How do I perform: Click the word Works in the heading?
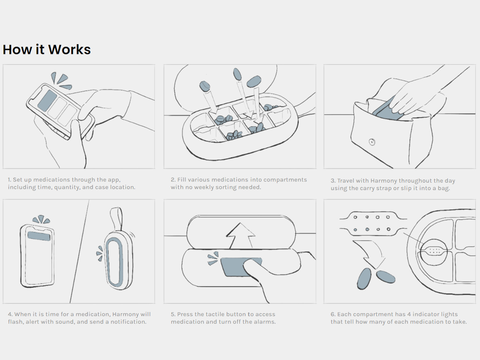point(69,49)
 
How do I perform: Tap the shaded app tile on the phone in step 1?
point(47,101)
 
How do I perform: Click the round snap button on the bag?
point(372,142)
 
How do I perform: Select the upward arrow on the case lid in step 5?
point(240,235)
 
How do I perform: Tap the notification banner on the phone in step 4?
point(39,236)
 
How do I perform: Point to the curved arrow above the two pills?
point(370,253)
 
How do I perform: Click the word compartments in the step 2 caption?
point(285,180)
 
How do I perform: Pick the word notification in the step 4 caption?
point(128,322)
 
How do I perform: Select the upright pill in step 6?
point(364,279)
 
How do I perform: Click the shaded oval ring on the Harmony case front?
point(114,262)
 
